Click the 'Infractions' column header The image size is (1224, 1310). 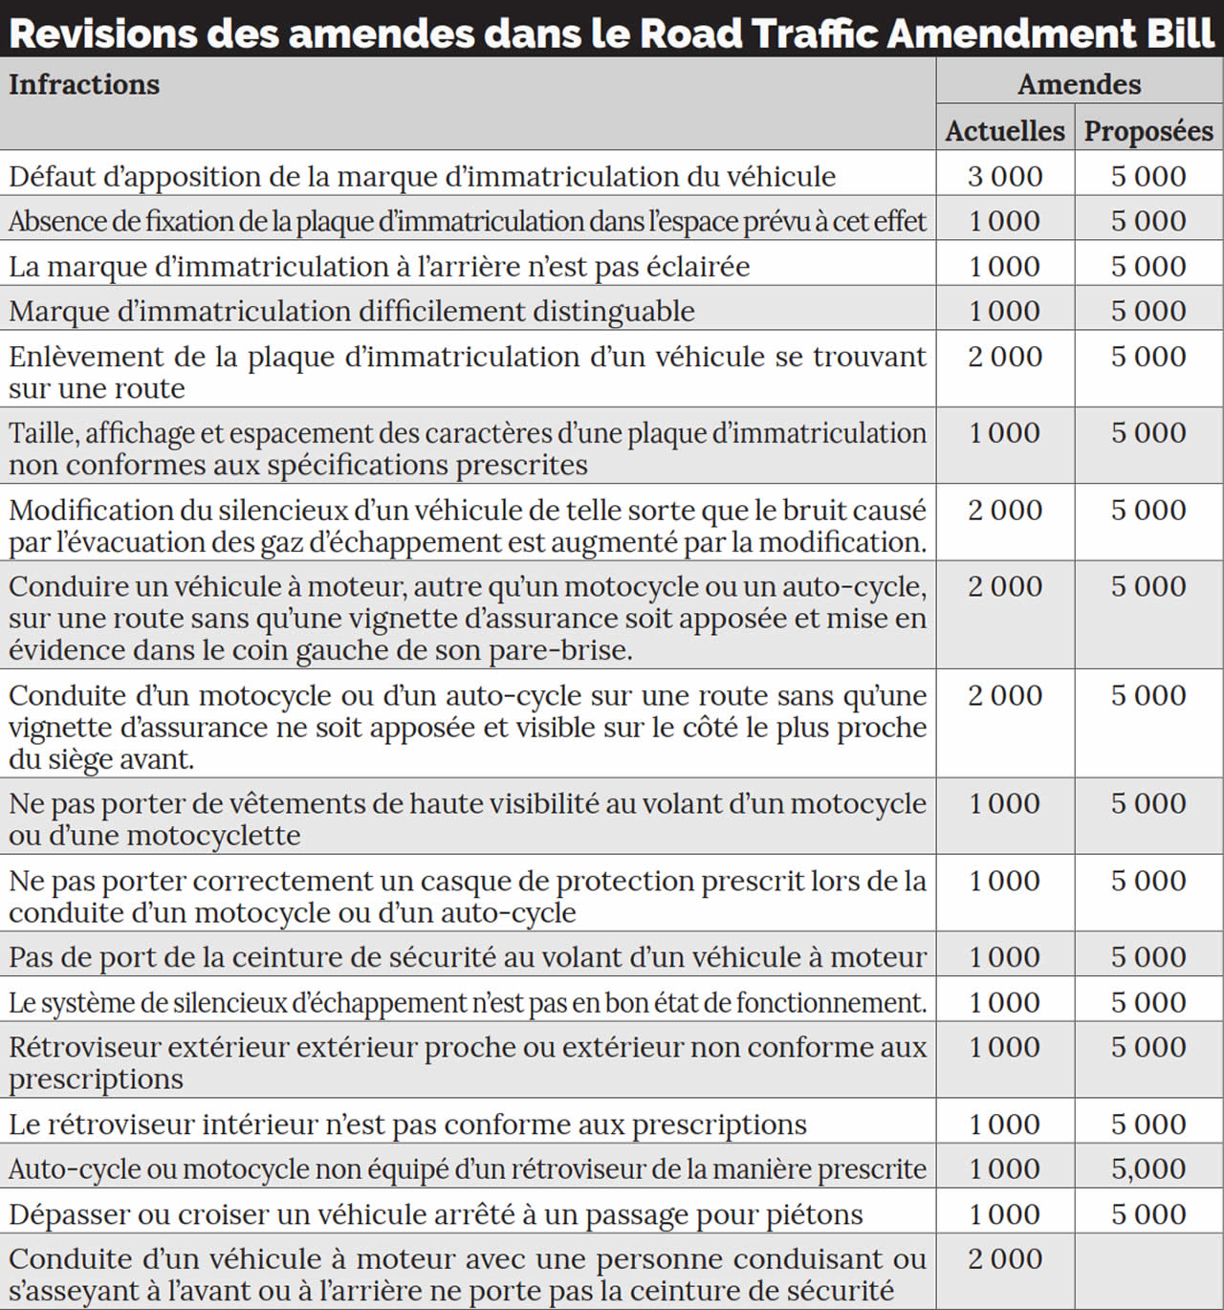coord(84,85)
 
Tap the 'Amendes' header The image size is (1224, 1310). coord(1079,85)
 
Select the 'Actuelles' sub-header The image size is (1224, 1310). coord(1004,131)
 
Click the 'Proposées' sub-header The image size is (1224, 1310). coord(1148,131)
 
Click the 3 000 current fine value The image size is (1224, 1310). coord(1004,177)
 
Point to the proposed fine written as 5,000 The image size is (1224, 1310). coord(1148,1169)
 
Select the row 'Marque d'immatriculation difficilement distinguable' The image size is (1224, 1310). coord(352,312)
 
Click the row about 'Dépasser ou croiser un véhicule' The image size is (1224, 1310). coord(435,1215)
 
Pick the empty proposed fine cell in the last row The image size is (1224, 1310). coord(1148,1272)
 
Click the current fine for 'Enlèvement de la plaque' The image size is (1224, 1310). coord(1004,357)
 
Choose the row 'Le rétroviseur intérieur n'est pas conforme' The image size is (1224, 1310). coord(407,1124)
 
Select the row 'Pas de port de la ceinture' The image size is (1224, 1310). coord(467,958)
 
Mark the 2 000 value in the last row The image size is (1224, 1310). coord(1004,1259)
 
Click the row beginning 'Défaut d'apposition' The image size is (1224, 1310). coord(422,177)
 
